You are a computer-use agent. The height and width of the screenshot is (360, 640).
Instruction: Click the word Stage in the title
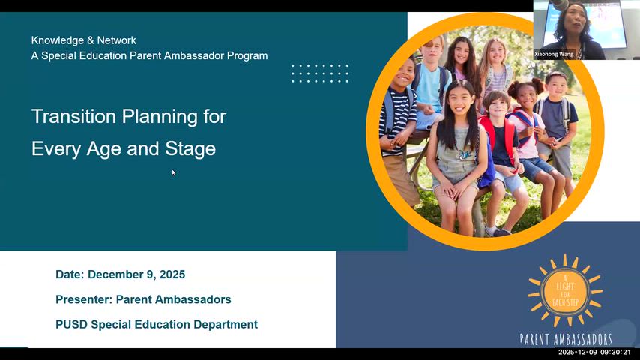(193, 149)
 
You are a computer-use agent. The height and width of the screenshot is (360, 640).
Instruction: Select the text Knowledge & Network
(84, 40)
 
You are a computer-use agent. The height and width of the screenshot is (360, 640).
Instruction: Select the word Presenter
(83, 299)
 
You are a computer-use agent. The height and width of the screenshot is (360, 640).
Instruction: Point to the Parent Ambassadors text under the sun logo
(566, 339)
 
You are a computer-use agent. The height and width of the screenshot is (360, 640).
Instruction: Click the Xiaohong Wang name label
(555, 55)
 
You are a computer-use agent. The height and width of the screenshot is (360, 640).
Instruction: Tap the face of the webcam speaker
(578, 17)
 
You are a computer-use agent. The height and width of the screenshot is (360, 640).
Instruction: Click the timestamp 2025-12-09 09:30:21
(594, 352)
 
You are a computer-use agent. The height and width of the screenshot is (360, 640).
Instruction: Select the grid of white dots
(320, 73)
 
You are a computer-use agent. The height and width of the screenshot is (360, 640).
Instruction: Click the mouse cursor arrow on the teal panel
(173, 172)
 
